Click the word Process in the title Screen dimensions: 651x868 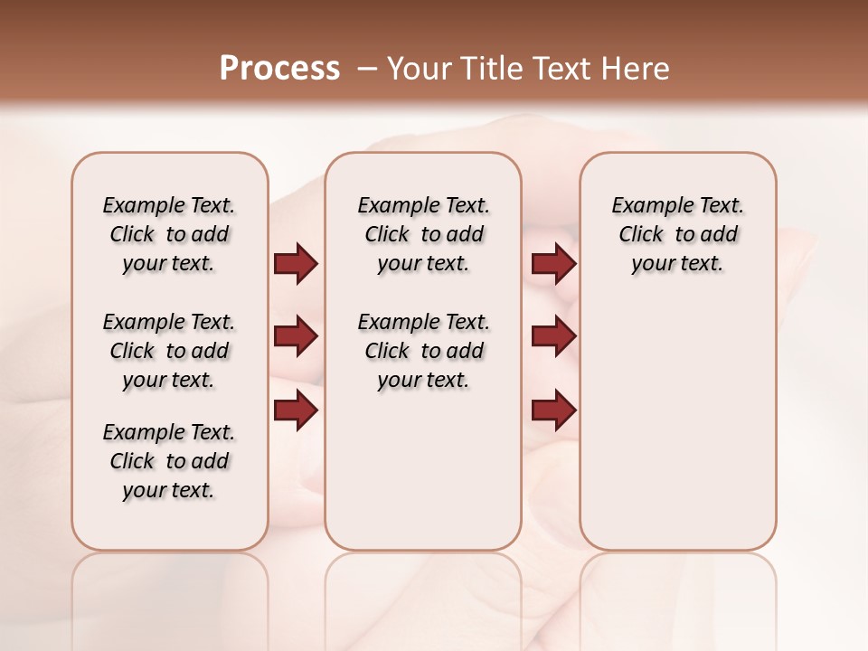pyautogui.click(x=279, y=69)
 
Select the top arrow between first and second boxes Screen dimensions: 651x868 pyautogui.click(x=296, y=264)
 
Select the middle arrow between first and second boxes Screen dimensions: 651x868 pyautogui.click(x=296, y=337)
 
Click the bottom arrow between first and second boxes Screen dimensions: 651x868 pyautogui.click(x=296, y=410)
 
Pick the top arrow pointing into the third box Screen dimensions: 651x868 pyautogui.click(x=553, y=264)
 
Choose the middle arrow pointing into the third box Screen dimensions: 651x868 pyautogui.click(x=553, y=337)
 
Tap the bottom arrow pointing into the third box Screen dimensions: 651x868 pyautogui.click(x=553, y=410)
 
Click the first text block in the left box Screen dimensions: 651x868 pyautogui.click(x=169, y=234)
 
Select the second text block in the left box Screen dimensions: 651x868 pyautogui.click(x=169, y=351)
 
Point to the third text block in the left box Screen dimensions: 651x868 pyautogui.click(x=169, y=461)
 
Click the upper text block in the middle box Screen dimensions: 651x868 pyautogui.click(x=423, y=234)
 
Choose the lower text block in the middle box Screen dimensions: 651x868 pyautogui.click(x=423, y=351)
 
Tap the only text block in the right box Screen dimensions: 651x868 pyautogui.click(x=677, y=234)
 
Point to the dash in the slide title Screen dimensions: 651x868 pyautogui.click(x=367, y=69)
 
